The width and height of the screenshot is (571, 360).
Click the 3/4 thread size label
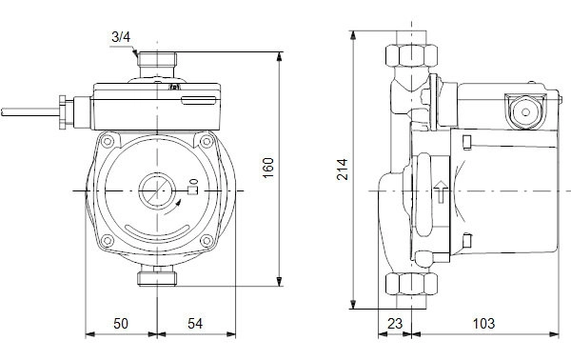click(121, 37)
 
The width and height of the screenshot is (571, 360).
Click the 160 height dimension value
click(268, 168)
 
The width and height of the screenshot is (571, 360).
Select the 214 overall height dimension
click(343, 170)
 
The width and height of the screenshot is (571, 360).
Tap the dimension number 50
click(121, 323)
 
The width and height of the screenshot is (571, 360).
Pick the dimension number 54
click(195, 323)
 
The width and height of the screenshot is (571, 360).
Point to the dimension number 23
click(395, 323)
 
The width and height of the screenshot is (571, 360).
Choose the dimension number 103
click(484, 323)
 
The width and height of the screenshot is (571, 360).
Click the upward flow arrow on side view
click(441, 191)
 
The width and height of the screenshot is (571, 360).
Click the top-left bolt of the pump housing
click(108, 141)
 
